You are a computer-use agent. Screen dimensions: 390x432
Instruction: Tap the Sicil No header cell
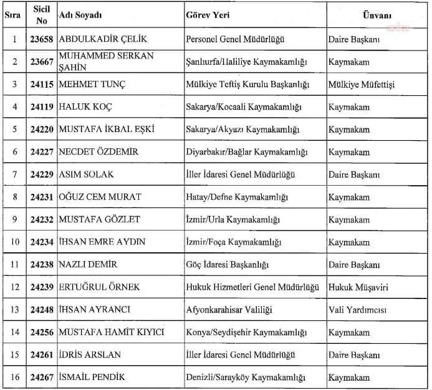[x=42, y=14]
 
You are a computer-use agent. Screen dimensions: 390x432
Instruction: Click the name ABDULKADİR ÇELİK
[x=103, y=39]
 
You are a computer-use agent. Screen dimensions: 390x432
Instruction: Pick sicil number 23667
[x=42, y=62]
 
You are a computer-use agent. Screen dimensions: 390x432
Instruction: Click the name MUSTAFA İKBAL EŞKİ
[x=106, y=130]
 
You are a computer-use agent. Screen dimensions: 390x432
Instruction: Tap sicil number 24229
[x=42, y=174]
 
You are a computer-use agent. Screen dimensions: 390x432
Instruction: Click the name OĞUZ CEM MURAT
[x=100, y=197]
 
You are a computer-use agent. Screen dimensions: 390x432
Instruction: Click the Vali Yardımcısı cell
[x=358, y=310]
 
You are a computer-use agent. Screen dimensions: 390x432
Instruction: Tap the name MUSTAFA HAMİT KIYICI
[x=111, y=332]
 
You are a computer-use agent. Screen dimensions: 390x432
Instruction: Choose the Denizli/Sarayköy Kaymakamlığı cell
[x=246, y=377]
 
